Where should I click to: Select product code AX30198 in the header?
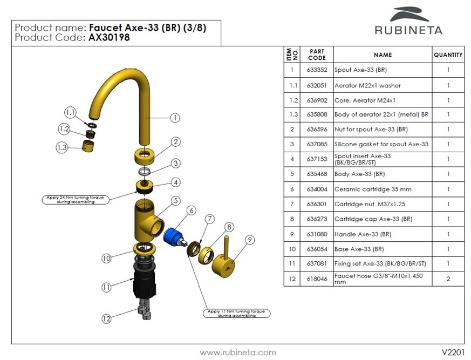click(x=110, y=38)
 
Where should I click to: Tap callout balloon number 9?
click(x=249, y=239)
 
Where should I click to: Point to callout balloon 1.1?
click(x=71, y=112)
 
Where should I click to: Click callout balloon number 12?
click(x=106, y=318)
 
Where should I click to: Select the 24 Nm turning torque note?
click(x=75, y=199)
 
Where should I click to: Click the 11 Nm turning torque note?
click(x=238, y=314)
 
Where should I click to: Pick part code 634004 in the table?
click(x=316, y=189)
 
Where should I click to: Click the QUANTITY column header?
click(x=448, y=55)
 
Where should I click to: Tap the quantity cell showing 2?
click(x=448, y=279)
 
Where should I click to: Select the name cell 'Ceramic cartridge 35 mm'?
click(x=365, y=189)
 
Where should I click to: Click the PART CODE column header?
click(x=317, y=55)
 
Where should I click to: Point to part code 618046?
click(x=316, y=279)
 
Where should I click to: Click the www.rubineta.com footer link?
click(x=238, y=352)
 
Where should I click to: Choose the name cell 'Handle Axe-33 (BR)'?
click(x=363, y=234)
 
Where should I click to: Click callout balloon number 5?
click(x=176, y=201)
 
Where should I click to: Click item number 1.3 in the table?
click(x=292, y=114)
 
